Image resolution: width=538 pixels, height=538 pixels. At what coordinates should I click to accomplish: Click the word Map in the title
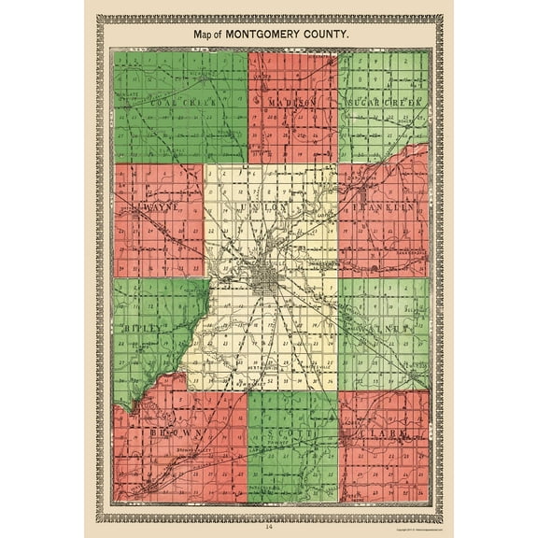pos(204,34)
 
